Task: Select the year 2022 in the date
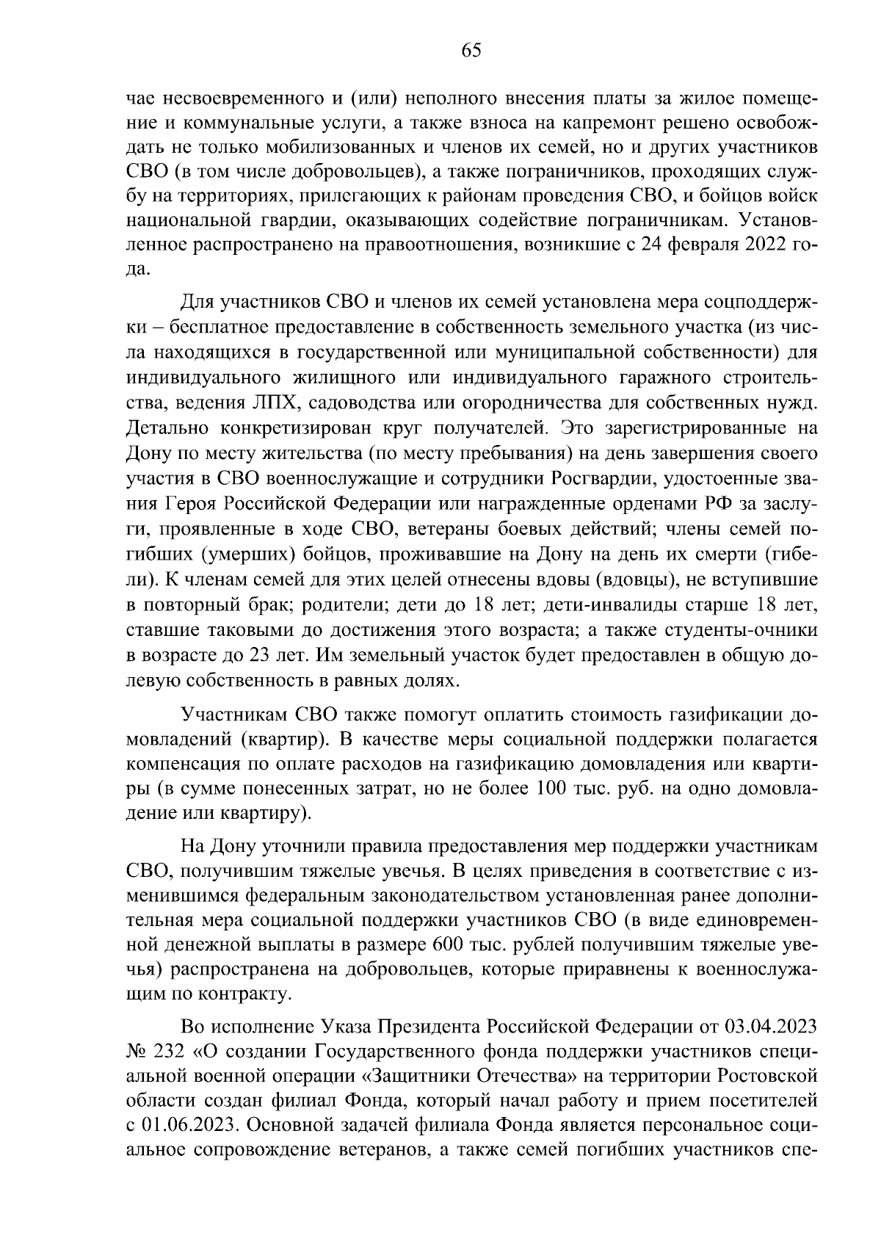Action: click(763, 245)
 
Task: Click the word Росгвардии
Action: click(601, 480)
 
